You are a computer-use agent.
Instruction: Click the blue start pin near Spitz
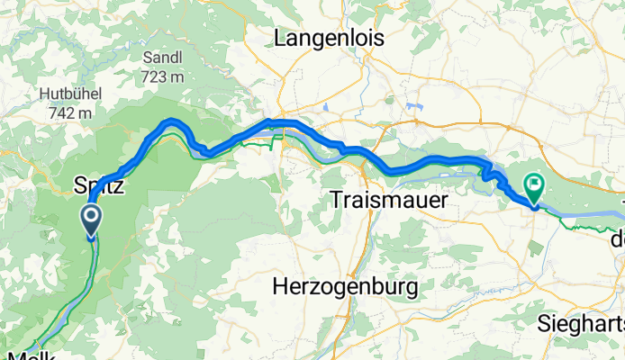92,220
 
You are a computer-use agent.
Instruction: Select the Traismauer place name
388,200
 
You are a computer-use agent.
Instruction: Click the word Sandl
162,57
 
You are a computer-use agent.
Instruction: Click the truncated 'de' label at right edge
617,240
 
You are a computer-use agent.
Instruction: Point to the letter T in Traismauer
336,200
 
